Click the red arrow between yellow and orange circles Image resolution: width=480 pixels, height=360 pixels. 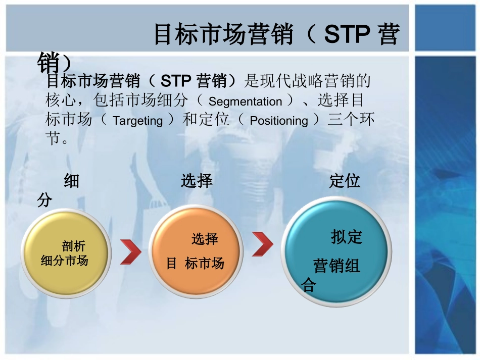pos(130,251)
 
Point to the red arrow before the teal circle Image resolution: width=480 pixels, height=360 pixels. pos(262,244)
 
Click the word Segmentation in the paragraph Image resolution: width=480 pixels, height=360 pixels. pos(245,101)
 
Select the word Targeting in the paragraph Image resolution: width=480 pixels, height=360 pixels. pos(137,121)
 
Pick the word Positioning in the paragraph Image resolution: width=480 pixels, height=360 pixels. pos(279,121)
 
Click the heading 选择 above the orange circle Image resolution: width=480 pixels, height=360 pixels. pos(197,181)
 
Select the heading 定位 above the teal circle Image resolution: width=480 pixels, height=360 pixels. pos(345,181)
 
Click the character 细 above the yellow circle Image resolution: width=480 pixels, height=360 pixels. pos(71,181)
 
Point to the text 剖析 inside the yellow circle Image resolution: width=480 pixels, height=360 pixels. pos(74,246)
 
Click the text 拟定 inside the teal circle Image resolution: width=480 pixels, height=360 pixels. pos(347,236)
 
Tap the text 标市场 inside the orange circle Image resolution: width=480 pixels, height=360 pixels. pos(204,263)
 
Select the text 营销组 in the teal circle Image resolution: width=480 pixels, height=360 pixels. pos(337,266)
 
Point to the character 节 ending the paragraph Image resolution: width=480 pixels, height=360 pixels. pos(54,138)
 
